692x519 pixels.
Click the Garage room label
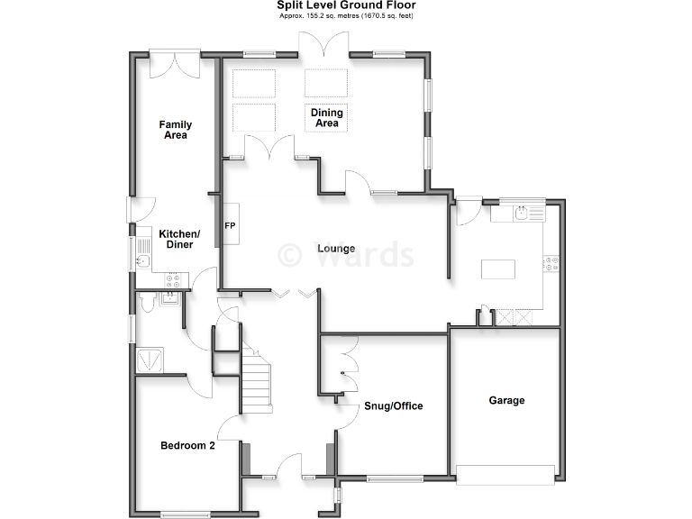[x=506, y=400]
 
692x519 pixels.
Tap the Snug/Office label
[x=393, y=405]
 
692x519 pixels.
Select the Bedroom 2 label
[x=187, y=445]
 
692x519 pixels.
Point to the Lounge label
[x=335, y=249]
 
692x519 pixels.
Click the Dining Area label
[x=327, y=118]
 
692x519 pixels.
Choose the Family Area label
[x=176, y=130]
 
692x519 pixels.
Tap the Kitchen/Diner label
[x=179, y=239]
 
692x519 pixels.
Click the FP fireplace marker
[x=230, y=225]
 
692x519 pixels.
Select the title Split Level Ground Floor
[x=346, y=5]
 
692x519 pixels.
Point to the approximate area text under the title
[x=346, y=16]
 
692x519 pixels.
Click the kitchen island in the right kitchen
[x=499, y=269]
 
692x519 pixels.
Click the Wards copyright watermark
[x=346, y=255]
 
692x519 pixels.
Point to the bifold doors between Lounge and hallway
[x=296, y=292]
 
